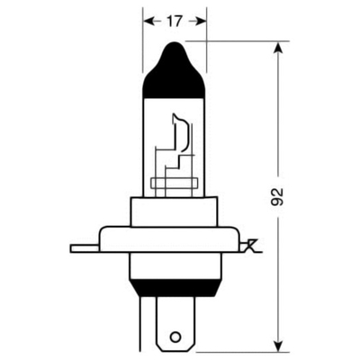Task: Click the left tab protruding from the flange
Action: tap(83, 246)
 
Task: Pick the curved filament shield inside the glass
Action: tap(182, 135)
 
